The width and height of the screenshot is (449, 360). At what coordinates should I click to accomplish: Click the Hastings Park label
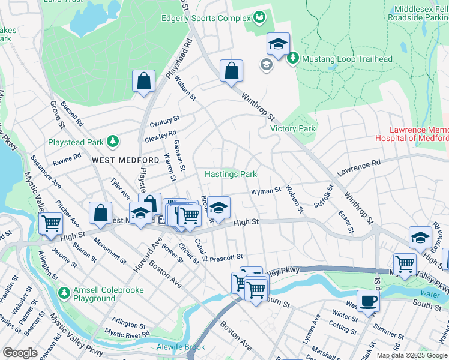(231, 175)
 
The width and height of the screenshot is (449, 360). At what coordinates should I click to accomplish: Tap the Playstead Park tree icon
(112, 142)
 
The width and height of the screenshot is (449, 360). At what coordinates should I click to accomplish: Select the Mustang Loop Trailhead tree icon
(293, 59)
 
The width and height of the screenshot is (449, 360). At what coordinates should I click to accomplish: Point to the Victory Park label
(292, 128)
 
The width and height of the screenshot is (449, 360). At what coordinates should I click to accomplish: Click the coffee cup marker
(368, 301)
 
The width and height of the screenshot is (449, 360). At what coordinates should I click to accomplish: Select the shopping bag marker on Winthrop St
(231, 71)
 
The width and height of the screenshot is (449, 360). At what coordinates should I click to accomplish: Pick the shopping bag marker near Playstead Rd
(144, 82)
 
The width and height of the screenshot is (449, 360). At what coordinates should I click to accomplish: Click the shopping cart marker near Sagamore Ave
(51, 223)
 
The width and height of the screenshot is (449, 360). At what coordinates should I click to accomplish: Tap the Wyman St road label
(265, 191)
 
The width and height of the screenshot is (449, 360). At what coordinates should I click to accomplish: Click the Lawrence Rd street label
(359, 167)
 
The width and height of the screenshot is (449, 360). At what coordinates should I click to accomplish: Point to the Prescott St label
(226, 256)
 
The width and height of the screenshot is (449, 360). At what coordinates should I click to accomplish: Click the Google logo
(20, 353)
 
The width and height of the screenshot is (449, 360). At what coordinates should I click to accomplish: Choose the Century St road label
(165, 122)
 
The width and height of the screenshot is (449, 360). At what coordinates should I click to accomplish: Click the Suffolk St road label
(323, 196)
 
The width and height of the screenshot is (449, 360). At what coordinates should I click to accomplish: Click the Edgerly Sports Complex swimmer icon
(259, 17)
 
